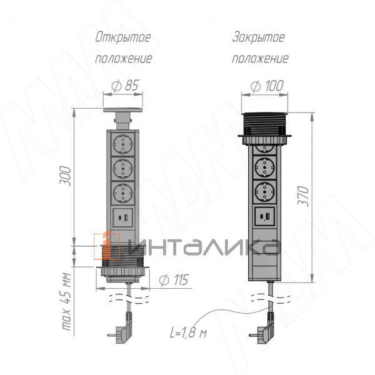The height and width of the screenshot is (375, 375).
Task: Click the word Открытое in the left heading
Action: click(122, 37)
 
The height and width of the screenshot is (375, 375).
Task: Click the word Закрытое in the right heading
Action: click(258, 37)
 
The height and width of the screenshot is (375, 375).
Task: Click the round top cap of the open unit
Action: click(124, 113)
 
